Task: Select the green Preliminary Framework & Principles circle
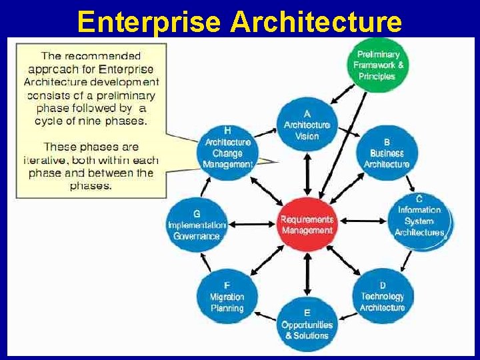pos(378,65)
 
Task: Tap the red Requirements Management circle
pos(307,225)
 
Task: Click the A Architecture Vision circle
pos(307,125)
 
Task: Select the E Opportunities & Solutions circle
pos(307,324)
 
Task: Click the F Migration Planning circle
pos(227,297)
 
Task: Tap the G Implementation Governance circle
pos(196,225)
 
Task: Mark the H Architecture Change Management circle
pos(227,152)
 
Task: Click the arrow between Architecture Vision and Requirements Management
pos(307,175)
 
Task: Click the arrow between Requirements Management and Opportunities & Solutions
pos(307,275)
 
